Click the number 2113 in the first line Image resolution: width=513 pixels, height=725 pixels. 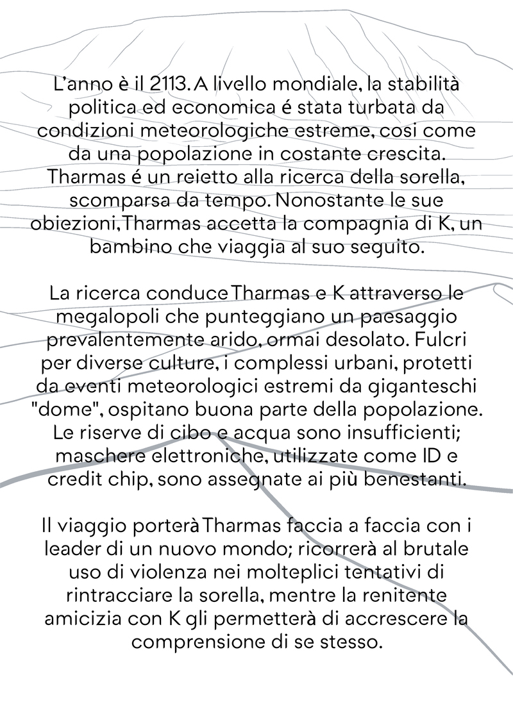pyautogui.click(x=159, y=85)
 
